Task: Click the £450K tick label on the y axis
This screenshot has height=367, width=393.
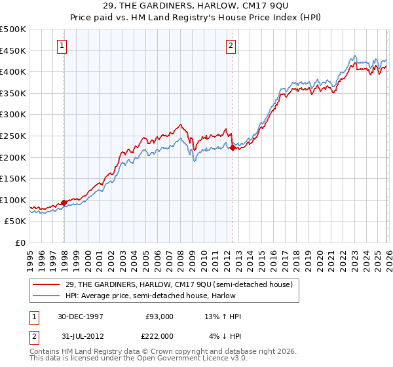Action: click(x=13, y=50)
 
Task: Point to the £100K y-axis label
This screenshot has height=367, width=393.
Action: click(x=13, y=200)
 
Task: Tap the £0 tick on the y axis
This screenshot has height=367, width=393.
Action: click(x=21, y=242)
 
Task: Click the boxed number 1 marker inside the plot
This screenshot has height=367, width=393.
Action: click(x=61, y=46)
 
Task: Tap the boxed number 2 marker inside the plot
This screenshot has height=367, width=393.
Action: click(x=232, y=46)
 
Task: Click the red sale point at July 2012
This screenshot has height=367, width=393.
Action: click(x=233, y=148)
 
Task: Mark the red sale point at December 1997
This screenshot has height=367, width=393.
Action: click(x=64, y=203)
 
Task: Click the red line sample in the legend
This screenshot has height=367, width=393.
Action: click(x=47, y=284)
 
